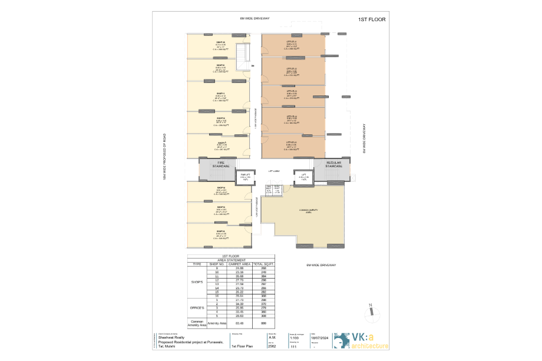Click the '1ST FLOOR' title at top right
(x=371, y=19)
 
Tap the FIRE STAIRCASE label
(x=217, y=165)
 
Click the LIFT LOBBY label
(x=275, y=171)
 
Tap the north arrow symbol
(x=371, y=312)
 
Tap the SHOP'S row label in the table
(x=197, y=282)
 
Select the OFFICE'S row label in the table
(x=197, y=308)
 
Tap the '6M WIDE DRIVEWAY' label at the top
(x=255, y=18)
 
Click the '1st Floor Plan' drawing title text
(x=243, y=346)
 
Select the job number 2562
(x=272, y=346)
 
